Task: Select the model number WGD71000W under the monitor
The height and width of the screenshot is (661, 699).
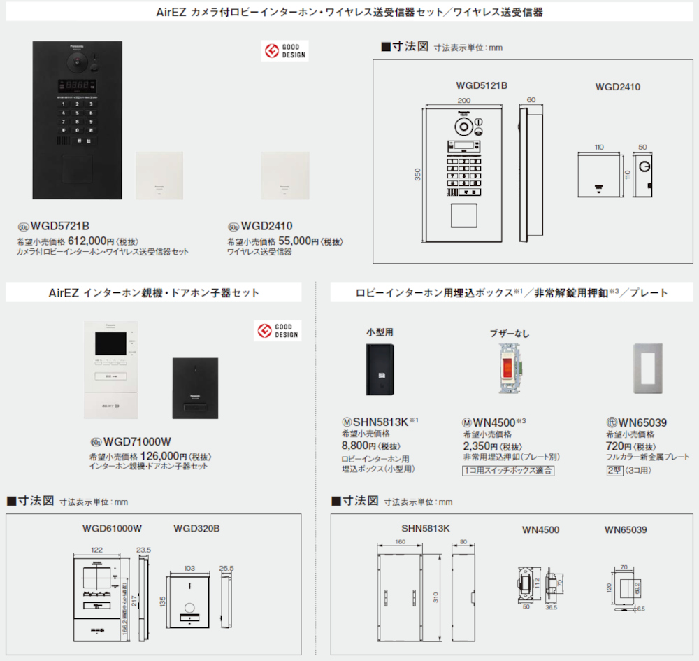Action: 137,441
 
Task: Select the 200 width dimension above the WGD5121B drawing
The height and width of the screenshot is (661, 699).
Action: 464,101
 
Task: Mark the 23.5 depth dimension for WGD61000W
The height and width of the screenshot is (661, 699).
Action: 145,550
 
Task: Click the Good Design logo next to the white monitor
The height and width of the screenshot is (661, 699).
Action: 277,331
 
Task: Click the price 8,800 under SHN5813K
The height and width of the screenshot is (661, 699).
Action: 356,445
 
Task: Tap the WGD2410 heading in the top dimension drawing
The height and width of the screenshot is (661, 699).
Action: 617,87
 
